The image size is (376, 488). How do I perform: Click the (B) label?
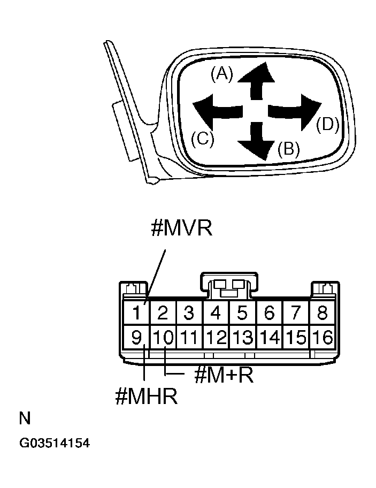(x=288, y=148)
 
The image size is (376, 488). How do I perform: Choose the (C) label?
(x=203, y=139)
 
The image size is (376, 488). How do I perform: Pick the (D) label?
(x=327, y=124)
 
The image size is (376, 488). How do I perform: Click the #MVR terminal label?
(x=181, y=228)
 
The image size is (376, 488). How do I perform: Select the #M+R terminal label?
(x=224, y=375)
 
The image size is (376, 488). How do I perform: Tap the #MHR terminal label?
(x=146, y=397)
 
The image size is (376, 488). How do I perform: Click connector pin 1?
(x=137, y=312)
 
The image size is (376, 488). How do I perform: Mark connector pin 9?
(x=137, y=337)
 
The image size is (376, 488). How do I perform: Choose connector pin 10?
(x=163, y=337)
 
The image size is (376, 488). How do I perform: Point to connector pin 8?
(x=323, y=312)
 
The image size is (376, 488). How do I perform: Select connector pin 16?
(x=323, y=337)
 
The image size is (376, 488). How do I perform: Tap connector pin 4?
(x=216, y=312)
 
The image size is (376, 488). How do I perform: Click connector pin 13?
(x=243, y=337)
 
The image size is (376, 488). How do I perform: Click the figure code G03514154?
(x=55, y=444)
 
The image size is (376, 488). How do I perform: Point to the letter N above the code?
(x=25, y=418)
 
